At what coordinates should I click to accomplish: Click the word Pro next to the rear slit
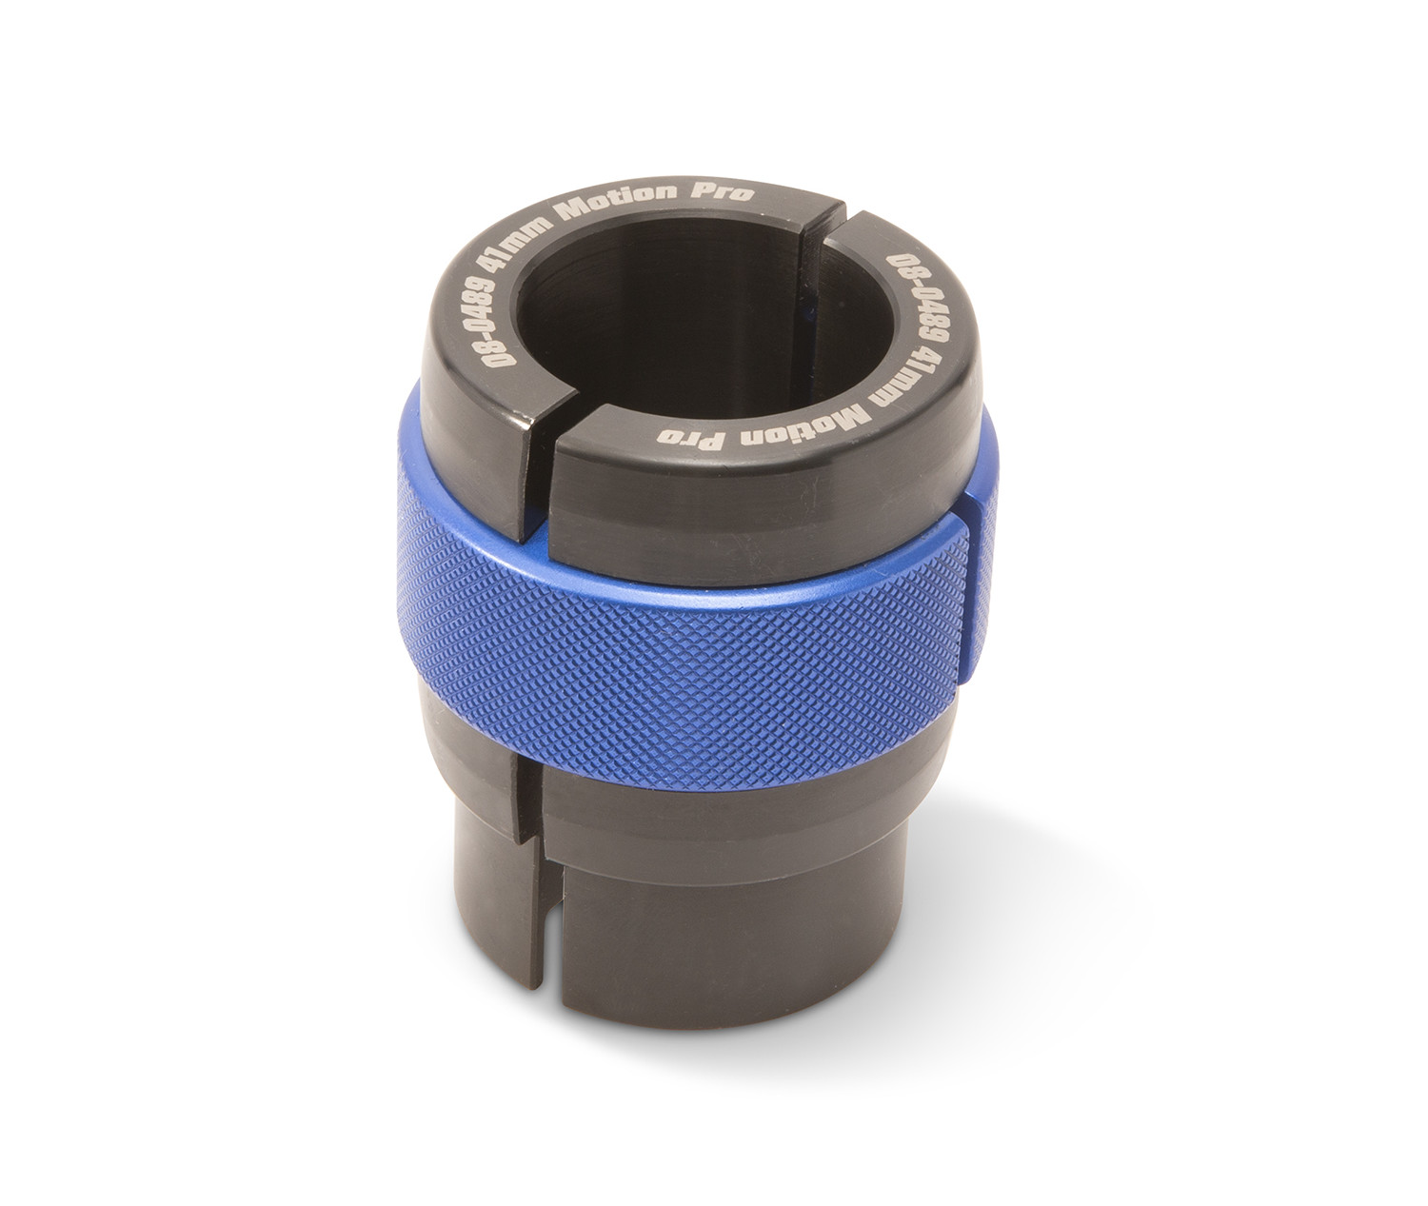click(728, 193)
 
